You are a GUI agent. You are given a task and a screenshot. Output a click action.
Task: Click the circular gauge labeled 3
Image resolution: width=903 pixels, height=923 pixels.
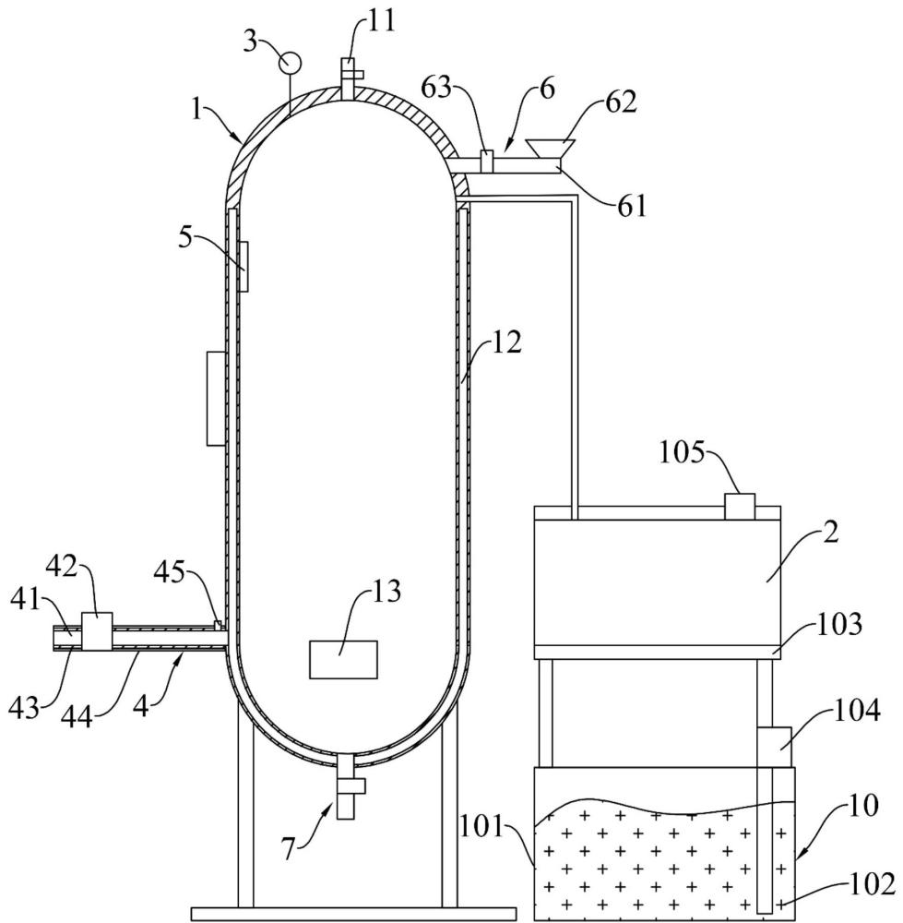[291, 62]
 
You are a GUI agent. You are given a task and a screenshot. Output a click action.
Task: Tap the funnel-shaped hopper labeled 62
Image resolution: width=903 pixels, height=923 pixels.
[550, 148]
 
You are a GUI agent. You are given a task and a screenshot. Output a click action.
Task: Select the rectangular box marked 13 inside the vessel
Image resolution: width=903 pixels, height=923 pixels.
[342, 659]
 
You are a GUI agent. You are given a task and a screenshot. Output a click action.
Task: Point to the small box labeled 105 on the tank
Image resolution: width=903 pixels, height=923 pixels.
[740, 506]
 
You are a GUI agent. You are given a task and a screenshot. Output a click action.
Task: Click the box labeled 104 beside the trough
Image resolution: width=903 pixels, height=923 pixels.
[774, 746]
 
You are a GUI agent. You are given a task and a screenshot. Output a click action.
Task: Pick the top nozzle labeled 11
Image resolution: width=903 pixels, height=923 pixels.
[348, 74]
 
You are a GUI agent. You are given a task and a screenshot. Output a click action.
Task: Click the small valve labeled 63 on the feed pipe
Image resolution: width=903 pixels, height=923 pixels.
[489, 160]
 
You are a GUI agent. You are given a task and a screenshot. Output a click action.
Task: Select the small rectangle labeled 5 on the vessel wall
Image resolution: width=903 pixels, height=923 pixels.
[242, 266]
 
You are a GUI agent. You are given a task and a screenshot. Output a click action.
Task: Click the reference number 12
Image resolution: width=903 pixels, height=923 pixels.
[506, 344]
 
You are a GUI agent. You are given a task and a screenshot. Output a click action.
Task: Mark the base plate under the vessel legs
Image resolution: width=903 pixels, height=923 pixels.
[347, 913]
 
